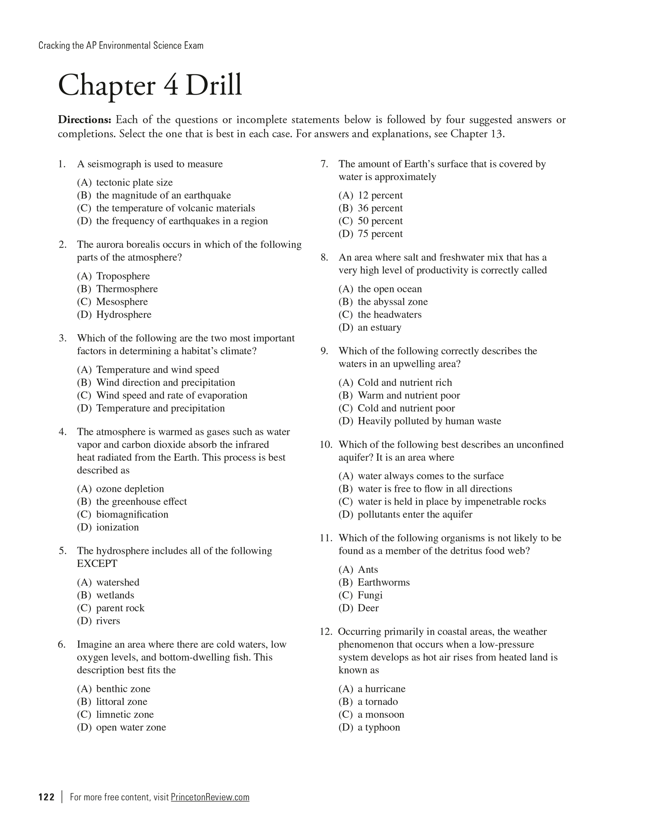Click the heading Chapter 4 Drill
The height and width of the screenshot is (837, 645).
[x=150, y=86]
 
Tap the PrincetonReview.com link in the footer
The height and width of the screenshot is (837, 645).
[x=210, y=797]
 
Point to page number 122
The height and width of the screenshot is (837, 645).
[x=46, y=797]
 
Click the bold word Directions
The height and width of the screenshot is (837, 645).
[x=85, y=120]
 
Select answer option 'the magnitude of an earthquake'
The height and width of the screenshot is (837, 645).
[x=163, y=195]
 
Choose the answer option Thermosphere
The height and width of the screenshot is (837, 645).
[x=127, y=289]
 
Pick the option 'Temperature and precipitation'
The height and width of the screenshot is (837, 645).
[x=160, y=408]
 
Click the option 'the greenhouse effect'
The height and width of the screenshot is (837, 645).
[x=141, y=502]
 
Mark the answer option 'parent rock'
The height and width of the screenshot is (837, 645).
[x=120, y=608]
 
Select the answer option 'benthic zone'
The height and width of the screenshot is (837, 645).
[x=123, y=689]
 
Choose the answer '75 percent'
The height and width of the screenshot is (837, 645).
[x=380, y=234]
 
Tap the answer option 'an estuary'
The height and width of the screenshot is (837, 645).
[x=379, y=327]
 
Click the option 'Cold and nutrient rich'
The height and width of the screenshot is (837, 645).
[x=405, y=383]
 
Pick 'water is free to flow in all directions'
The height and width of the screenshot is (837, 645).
[x=435, y=489]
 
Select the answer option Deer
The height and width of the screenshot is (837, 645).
[x=368, y=608]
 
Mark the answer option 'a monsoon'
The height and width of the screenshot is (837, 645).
[x=381, y=714]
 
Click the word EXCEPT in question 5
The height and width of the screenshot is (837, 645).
[x=97, y=564]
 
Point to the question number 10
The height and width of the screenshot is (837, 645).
[x=326, y=445]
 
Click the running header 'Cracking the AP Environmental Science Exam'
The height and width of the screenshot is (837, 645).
[x=121, y=46]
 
